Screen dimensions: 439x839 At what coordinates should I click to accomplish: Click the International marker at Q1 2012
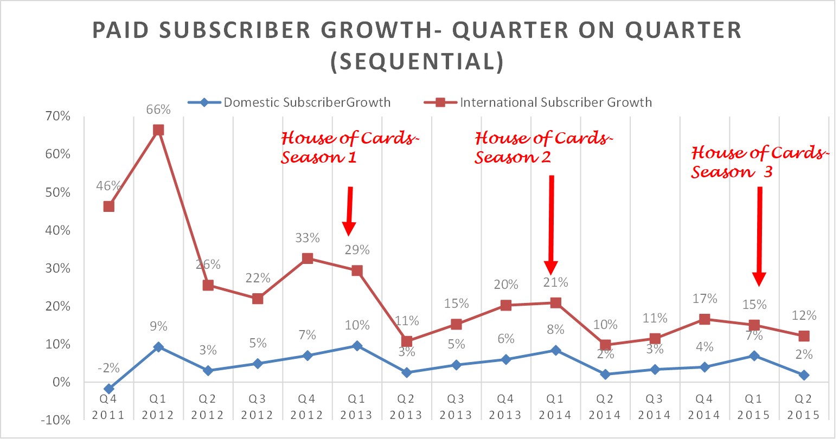pyautogui.click(x=158, y=130)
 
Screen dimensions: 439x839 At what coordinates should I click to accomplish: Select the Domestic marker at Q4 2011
pyautogui.click(x=108, y=389)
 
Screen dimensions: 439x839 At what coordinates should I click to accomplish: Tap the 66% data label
pyautogui.click(x=158, y=109)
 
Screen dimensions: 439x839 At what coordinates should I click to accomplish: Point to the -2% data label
pyautogui.click(x=108, y=368)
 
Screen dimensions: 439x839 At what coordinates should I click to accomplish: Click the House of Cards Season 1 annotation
pyautogui.click(x=350, y=147)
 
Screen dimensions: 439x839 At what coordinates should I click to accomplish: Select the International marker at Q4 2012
pyautogui.click(x=308, y=258)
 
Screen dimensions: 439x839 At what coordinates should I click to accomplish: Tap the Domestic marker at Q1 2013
pyautogui.click(x=357, y=345)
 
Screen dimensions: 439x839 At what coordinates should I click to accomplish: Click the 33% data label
pyautogui.click(x=308, y=238)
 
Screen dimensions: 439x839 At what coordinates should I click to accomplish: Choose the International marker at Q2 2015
pyautogui.click(x=804, y=336)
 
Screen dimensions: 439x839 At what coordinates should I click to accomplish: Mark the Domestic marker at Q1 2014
pyautogui.click(x=555, y=350)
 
